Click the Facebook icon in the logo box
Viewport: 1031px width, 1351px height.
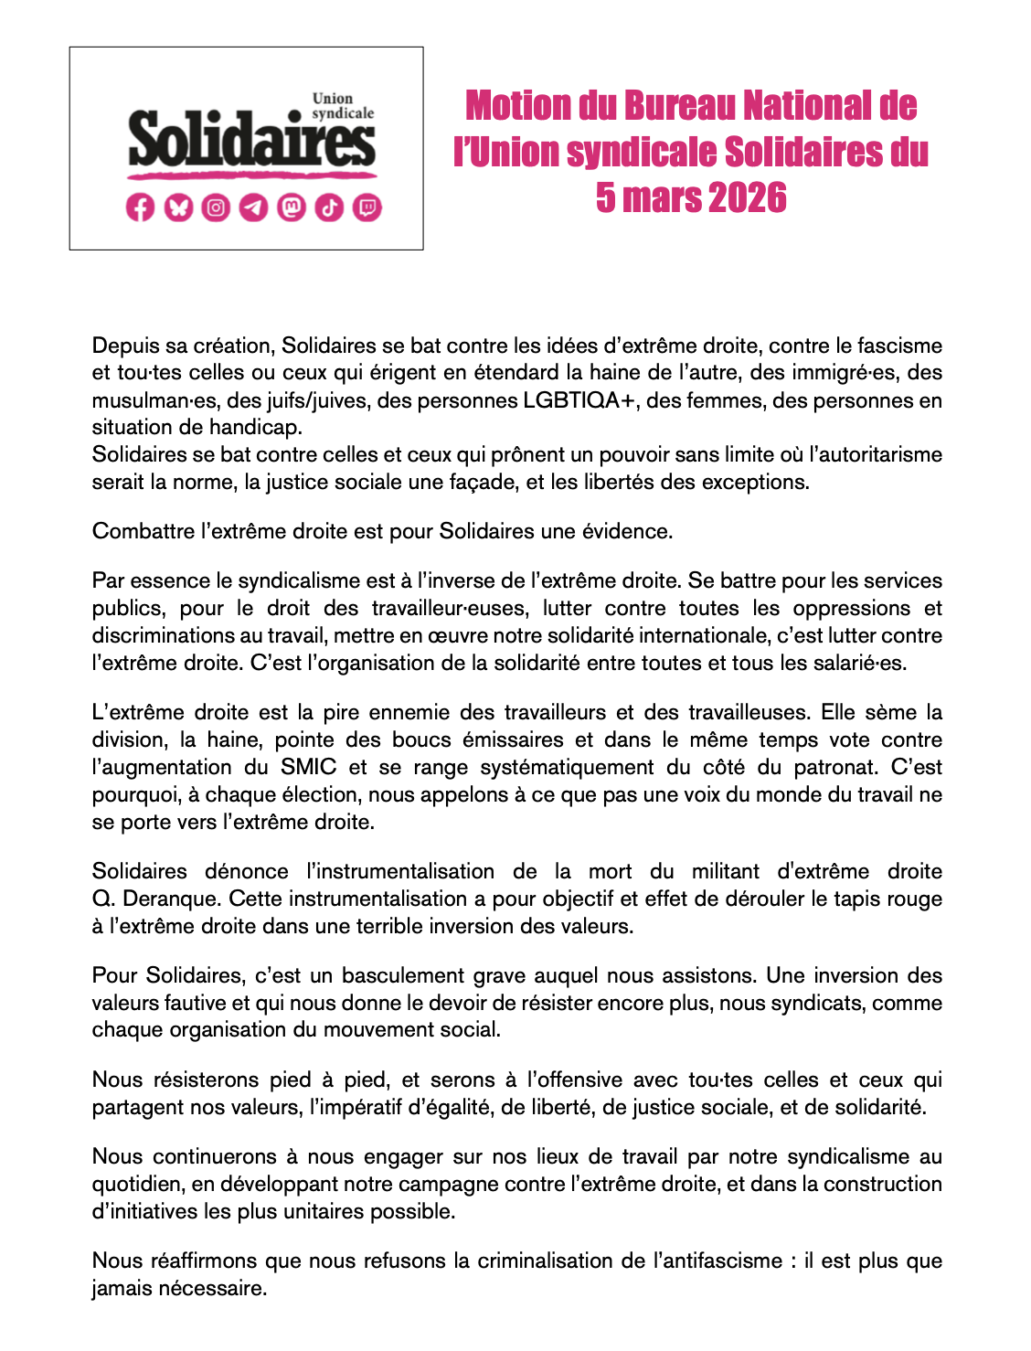(140, 208)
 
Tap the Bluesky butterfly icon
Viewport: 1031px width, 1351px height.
(178, 208)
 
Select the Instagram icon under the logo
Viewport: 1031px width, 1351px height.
(216, 208)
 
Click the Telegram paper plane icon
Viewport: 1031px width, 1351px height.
(253, 208)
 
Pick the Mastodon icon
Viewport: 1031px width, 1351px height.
(292, 208)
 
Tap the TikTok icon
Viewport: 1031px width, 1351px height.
(329, 208)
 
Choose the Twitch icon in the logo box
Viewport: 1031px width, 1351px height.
(367, 208)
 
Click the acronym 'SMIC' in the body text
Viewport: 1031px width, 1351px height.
(308, 767)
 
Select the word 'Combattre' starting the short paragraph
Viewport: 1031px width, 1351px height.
(143, 531)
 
